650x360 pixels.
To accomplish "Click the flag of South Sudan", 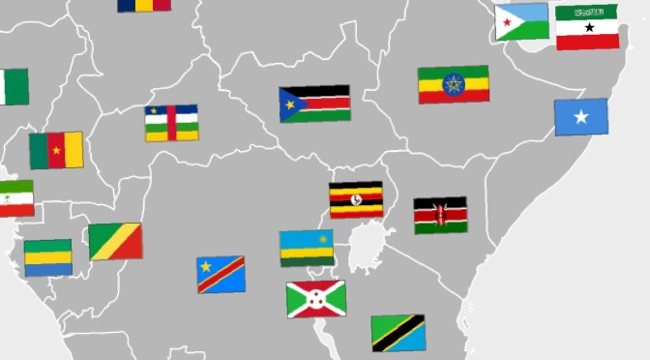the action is coord(314,104).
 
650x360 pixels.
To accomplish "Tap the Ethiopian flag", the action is coord(453,85).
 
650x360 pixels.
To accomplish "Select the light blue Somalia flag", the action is coord(580,117).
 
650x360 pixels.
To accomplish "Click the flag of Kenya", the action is coord(440,215).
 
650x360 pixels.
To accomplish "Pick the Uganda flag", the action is coord(356,199).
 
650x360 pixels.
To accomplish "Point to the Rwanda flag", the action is coord(307,248).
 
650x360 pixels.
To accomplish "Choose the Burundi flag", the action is coord(315,299).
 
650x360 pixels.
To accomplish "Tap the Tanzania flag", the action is coord(399,332).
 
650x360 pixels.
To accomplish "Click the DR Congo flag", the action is coord(221,274).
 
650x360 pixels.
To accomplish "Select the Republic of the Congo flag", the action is coord(115,242).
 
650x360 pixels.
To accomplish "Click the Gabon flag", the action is coord(47,257).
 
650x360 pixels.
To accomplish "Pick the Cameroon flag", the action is coord(56,150).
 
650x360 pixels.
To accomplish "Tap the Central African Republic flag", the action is coord(171,123).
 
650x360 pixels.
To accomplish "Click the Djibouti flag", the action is coord(521,22).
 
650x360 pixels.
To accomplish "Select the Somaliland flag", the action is coord(587,27).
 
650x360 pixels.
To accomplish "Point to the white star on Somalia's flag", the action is coord(580,117).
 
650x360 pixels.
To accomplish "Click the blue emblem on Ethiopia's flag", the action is coord(453,85).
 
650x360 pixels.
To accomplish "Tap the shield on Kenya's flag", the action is coord(440,215).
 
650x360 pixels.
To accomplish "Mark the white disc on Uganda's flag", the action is coord(356,199).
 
